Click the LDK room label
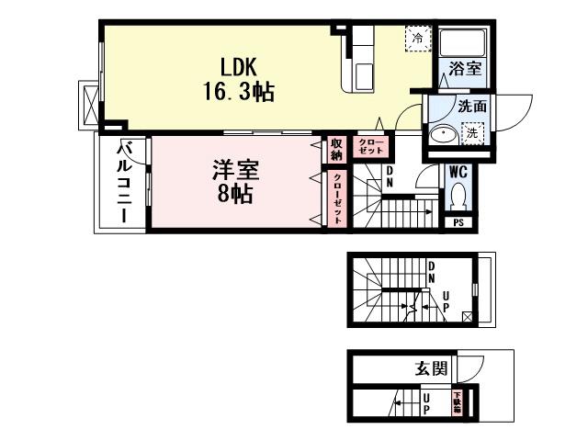(236, 67)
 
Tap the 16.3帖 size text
(238, 92)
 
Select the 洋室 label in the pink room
(236, 171)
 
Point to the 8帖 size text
(236, 195)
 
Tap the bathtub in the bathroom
(463, 42)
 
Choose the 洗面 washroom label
(473, 107)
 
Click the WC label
(458, 171)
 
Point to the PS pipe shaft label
(458, 222)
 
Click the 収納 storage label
(337, 150)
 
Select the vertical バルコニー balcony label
(125, 184)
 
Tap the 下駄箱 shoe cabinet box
(456, 402)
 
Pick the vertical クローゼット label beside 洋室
(337, 198)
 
